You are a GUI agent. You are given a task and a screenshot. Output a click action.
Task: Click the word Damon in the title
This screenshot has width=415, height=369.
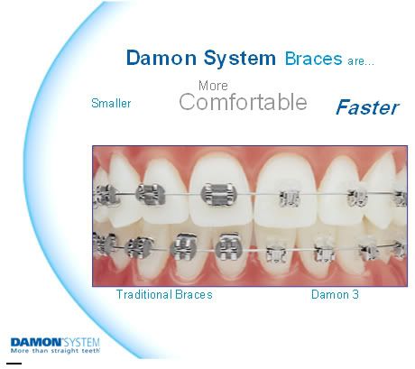click(x=161, y=58)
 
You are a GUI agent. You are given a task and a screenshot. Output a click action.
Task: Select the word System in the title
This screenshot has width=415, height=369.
click(x=240, y=59)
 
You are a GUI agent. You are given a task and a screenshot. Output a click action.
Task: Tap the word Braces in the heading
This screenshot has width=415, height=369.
click(x=313, y=59)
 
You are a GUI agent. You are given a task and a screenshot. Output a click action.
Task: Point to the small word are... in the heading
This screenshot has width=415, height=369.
click(x=361, y=61)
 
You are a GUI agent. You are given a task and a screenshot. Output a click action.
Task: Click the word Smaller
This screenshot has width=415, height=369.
click(x=111, y=103)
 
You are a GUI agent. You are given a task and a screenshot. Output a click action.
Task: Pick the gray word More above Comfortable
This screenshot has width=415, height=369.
click(x=213, y=86)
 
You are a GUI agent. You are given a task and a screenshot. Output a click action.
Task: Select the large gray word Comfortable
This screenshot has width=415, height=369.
click(x=243, y=102)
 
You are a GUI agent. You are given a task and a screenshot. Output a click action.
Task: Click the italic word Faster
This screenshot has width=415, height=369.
click(x=367, y=107)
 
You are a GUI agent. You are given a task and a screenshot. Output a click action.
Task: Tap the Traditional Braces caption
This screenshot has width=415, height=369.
click(x=164, y=294)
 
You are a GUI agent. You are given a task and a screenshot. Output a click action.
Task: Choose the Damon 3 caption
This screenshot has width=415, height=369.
click(x=335, y=294)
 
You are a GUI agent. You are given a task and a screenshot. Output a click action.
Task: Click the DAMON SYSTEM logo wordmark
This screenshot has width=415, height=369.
click(x=55, y=342)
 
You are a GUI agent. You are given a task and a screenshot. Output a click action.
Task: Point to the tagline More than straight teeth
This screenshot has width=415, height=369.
click(x=55, y=351)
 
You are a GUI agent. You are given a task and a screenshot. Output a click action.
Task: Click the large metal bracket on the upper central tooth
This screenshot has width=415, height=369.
click(x=218, y=195)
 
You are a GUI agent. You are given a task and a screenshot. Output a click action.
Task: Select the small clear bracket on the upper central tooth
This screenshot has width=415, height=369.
click(x=289, y=198)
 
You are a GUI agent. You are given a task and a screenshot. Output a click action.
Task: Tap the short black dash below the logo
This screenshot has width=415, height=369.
click(x=14, y=364)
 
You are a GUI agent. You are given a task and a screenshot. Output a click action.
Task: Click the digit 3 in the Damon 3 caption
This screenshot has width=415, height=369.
click(x=355, y=294)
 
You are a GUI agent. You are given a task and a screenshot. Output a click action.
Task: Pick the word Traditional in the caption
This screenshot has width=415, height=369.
click(x=143, y=294)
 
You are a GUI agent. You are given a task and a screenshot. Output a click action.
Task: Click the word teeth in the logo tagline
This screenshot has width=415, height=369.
click(x=92, y=351)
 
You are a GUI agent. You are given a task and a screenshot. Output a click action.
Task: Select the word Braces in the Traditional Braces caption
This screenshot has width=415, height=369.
click(x=194, y=294)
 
